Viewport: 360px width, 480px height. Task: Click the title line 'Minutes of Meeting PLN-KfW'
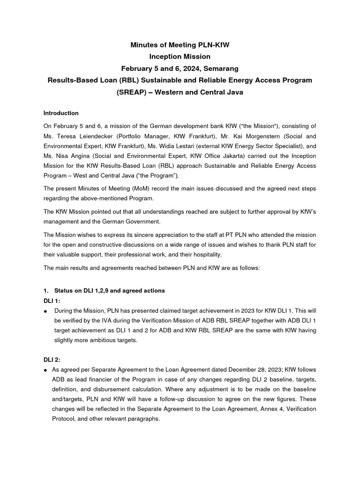click(x=180, y=45)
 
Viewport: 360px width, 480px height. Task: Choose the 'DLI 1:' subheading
click(x=52, y=301)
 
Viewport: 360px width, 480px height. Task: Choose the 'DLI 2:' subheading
click(x=52, y=359)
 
